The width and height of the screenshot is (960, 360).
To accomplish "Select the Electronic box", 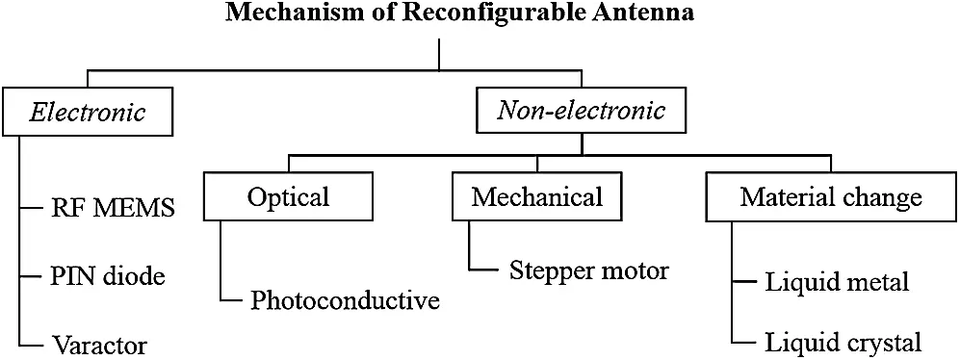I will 87,113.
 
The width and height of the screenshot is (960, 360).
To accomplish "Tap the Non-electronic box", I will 581,111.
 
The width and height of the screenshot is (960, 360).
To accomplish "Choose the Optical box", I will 288,197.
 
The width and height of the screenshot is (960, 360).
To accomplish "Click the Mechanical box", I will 536,197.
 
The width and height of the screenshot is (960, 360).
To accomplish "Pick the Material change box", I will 830,198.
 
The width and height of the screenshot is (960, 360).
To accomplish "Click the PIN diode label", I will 107,277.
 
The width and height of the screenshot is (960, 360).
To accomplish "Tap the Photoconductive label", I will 345,301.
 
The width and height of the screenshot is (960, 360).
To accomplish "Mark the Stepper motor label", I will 587,270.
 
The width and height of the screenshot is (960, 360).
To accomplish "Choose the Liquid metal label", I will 836,283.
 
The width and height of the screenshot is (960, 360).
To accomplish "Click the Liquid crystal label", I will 843,342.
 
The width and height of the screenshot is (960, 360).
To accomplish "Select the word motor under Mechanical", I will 635,270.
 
